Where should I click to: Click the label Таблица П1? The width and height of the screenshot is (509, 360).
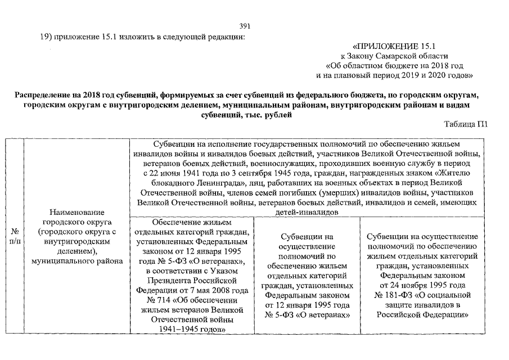point(464,124)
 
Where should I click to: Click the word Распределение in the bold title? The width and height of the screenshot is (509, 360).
point(43,94)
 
